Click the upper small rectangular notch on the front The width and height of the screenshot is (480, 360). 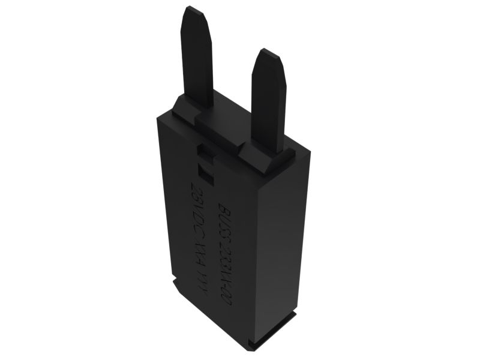[x=205, y=155]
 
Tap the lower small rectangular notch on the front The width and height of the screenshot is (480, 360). [x=205, y=175]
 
